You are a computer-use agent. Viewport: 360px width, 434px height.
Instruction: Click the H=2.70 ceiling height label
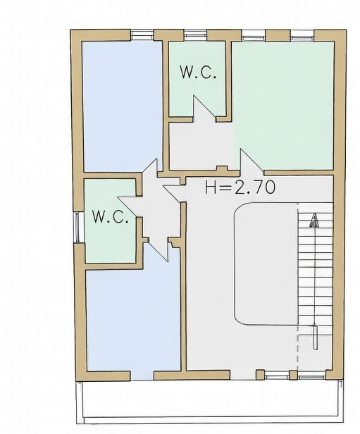(x=240, y=187)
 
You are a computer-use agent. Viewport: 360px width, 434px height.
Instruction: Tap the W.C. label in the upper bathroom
(x=197, y=73)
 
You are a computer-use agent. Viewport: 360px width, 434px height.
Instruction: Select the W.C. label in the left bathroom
(x=110, y=216)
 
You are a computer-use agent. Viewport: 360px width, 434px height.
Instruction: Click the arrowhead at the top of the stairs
(x=314, y=221)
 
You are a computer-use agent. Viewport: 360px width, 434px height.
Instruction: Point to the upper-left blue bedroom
(x=123, y=106)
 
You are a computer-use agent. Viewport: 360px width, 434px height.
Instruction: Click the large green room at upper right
(x=283, y=105)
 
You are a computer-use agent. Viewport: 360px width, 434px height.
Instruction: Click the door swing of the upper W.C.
(x=204, y=108)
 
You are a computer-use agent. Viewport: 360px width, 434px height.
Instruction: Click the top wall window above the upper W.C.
(x=195, y=35)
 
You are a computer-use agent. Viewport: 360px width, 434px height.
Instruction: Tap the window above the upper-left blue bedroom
(x=142, y=35)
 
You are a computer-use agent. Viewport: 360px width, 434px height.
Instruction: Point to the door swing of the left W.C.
(x=130, y=206)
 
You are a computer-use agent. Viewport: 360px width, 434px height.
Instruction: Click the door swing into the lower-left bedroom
(x=159, y=250)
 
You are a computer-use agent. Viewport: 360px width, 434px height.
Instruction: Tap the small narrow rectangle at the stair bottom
(x=315, y=337)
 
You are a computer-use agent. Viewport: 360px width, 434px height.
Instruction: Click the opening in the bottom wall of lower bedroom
(x=142, y=376)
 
